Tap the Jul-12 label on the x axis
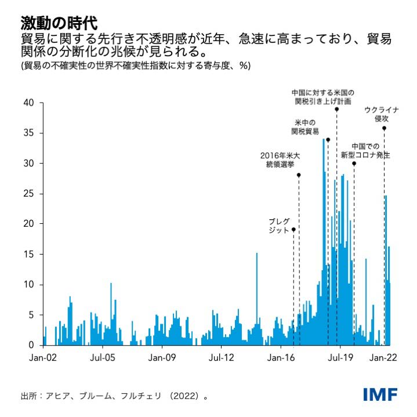(221, 358)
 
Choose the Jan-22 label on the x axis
(383, 358)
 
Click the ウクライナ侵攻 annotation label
(381, 114)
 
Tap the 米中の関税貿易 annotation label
(304, 127)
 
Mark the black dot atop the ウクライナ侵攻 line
(384, 128)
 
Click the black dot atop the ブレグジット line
(293, 230)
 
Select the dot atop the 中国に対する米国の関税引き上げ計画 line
(336, 109)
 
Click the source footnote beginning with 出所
(114, 396)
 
